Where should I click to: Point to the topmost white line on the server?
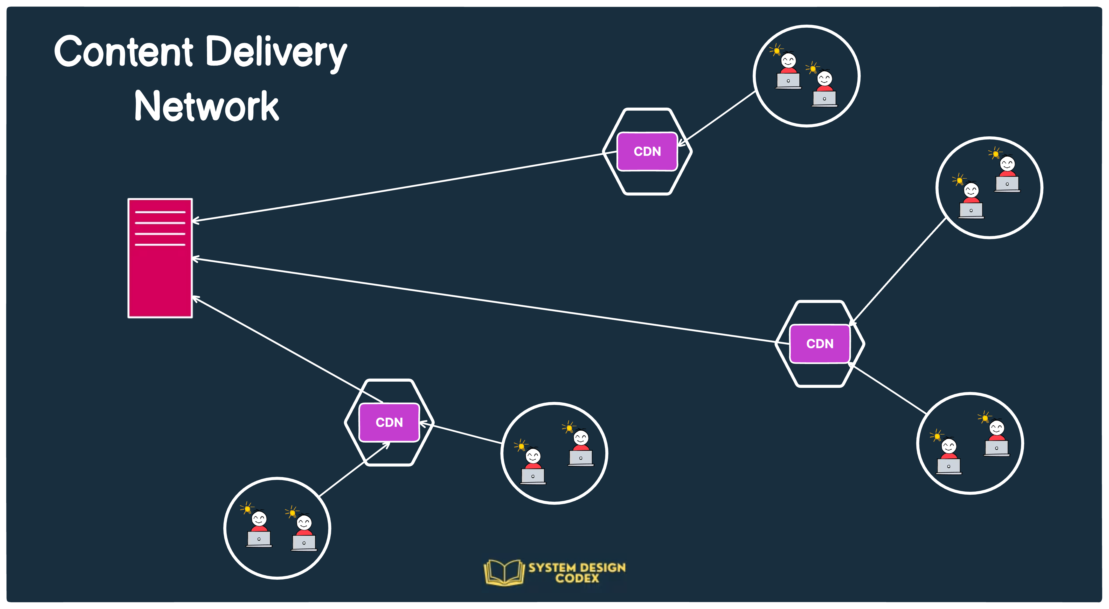click(160, 212)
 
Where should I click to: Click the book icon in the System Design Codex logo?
click(504, 572)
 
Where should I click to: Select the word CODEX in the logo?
click(577, 578)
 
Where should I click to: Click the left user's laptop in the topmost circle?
click(788, 80)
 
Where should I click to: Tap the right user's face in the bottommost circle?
click(304, 522)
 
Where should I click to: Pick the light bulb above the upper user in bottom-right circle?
click(984, 417)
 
